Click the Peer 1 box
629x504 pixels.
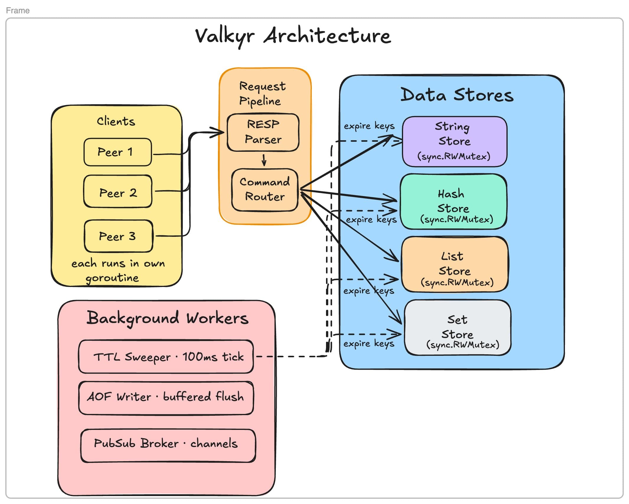click(x=118, y=152)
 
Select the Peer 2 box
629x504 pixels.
click(x=118, y=192)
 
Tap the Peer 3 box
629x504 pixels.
click(x=118, y=236)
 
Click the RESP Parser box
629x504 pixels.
click(x=263, y=132)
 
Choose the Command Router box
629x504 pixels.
click(x=265, y=190)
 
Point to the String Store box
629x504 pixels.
click(x=454, y=142)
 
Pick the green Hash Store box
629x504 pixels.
click(x=453, y=202)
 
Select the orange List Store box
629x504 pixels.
click(x=455, y=264)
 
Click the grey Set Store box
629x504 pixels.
click(x=457, y=328)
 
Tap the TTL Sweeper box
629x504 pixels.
click(x=166, y=357)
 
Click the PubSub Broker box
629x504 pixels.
click(x=168, y=445)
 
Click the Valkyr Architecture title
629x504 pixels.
click(x=293, y=36)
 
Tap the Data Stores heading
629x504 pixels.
click(x=457, y=95)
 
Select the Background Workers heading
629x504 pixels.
click(x=167, y=318)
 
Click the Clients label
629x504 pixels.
click(x=116, y=121)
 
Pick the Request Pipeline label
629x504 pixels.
click(x=262, y=93)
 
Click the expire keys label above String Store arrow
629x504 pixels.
click(x=369, y=126)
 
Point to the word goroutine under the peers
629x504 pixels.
click(x=112, y=278)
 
